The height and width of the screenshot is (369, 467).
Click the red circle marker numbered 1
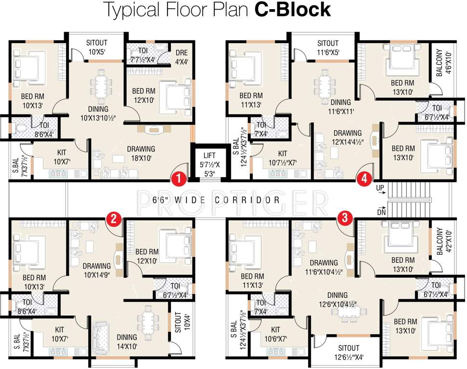(179, 179)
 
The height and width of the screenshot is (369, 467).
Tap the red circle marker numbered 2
(113, 219)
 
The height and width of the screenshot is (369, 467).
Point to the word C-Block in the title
(292, 10)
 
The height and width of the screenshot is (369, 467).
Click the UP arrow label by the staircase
(380, 187)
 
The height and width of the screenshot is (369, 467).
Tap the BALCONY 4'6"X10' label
(442, 64)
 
